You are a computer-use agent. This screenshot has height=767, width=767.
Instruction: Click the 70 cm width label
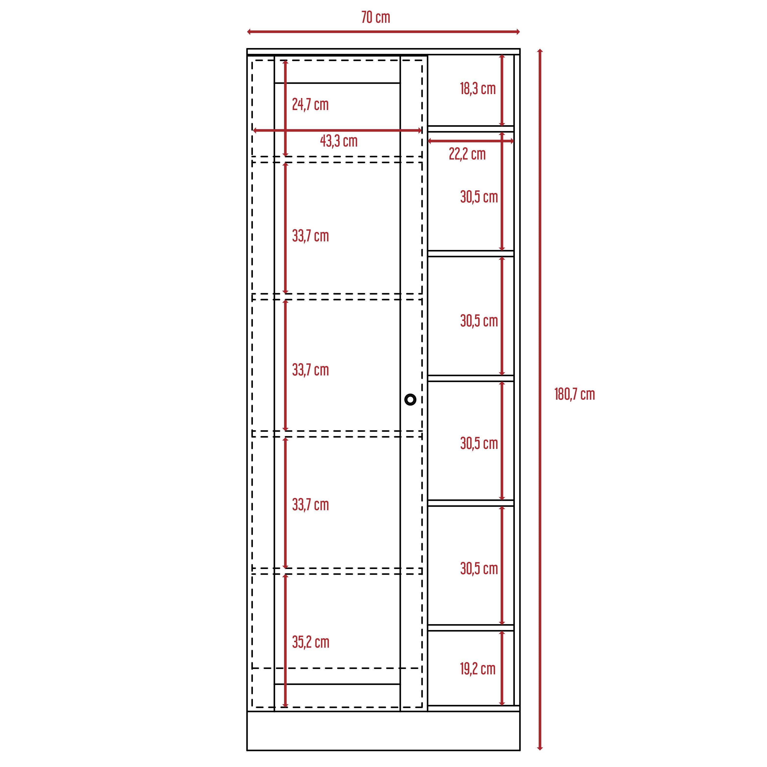376,17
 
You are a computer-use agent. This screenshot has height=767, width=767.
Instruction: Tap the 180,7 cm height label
574,394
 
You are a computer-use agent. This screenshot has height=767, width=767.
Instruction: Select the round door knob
410,399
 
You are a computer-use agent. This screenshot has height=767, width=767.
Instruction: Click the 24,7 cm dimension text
310,104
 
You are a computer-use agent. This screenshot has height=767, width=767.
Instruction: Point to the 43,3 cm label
339,141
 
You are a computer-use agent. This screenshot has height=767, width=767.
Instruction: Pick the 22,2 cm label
467,154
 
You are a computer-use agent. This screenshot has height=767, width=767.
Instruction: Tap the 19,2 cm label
478,669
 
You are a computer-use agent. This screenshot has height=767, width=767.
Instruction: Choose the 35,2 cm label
310,642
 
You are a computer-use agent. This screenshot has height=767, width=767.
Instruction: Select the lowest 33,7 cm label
310,505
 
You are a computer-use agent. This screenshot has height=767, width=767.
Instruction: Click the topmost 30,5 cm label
479,197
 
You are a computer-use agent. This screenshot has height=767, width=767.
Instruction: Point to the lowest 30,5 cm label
479,569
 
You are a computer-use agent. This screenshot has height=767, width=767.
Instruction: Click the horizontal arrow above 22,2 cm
470,141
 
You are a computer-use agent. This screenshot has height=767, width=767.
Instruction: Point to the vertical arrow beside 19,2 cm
502,668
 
